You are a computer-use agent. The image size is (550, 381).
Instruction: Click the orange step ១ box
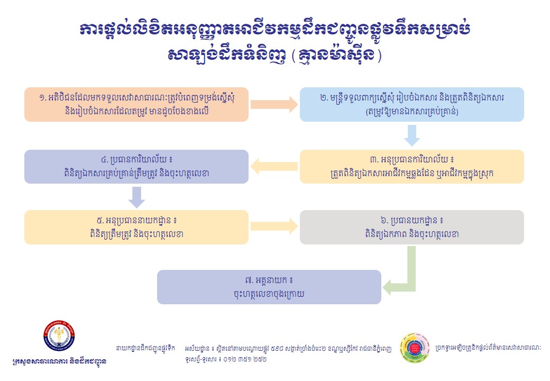pyautogui.click(x=136, y=104)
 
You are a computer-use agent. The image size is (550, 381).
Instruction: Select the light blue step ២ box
pyautogui.click(x=411, y=104)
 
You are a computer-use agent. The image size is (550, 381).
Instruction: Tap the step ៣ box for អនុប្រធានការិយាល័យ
pyautogui.click(x=411, y=167)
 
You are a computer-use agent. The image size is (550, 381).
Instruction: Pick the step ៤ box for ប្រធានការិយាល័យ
pyautogui.click(x=136, y=167)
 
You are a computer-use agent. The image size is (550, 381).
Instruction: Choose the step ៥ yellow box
pyautogui.click(x=136, y=227)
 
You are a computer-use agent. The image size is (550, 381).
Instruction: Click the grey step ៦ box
pyautogui.click(x=411, y=227)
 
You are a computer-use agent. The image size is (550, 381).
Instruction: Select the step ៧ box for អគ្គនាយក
pyautogui.click(x=269, y=287)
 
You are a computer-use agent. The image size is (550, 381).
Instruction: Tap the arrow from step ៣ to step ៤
pyautogui.click(x=274, y=167)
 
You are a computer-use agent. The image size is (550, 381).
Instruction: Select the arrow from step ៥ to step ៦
pyautogui.click(x=273, y=227)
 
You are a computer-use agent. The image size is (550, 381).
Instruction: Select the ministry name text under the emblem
pyautogui.click(x=59, y=362)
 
